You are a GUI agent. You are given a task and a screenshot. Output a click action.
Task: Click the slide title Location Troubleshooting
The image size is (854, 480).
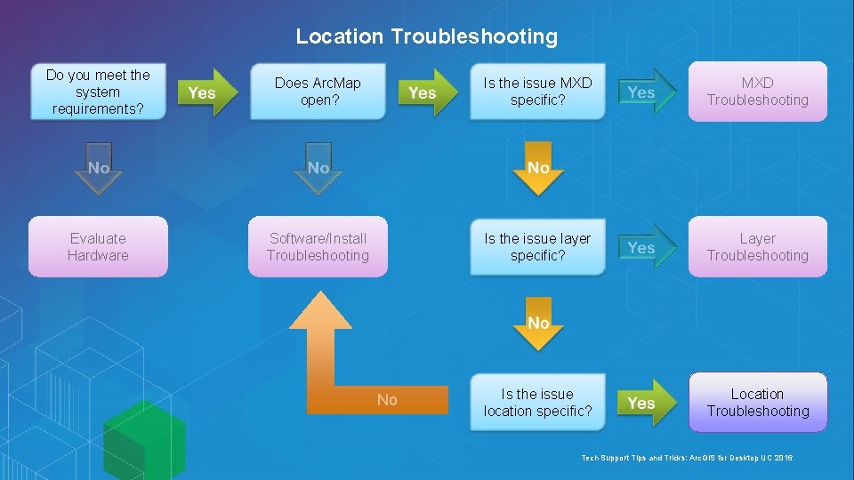click(426, 36)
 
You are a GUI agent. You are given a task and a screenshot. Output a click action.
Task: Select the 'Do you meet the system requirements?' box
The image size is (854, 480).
click(98, 92)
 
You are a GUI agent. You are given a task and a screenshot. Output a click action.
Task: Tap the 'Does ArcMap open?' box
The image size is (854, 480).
click(318, 92)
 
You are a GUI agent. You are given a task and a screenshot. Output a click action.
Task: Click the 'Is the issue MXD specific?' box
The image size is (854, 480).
click(537, 92)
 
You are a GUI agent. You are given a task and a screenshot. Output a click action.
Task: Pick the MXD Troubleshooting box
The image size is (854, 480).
click(758, 92)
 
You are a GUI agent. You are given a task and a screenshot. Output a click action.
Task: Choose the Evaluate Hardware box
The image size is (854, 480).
click(98, 246)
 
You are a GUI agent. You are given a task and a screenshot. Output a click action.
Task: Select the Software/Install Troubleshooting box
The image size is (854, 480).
click(318, 246)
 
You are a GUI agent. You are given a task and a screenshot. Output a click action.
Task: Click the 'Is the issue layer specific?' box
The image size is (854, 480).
click(537, 246)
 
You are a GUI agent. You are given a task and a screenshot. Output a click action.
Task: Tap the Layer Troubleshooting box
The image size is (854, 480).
click(758, 246)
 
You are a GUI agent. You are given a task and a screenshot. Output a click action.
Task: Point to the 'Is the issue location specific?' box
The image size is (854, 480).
click(537, 402)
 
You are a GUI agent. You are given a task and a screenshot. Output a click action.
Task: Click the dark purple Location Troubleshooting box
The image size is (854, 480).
click(758, 402)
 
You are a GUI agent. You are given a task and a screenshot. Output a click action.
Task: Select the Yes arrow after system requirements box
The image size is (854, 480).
click(206, 92)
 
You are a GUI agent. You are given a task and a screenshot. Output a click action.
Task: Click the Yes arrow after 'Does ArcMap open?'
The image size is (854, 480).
click(426, 92)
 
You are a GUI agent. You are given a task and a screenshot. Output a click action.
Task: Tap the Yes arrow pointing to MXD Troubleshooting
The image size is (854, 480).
click(646, 92)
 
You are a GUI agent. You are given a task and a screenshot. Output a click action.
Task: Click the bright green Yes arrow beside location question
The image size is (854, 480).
click(646, 403)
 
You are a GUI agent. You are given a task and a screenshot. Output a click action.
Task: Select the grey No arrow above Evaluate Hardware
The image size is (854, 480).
click(98, 169)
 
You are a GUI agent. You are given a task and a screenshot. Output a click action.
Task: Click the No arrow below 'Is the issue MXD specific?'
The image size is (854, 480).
click(538, 169)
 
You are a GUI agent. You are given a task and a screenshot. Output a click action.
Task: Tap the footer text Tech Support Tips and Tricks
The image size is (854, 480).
click(686, 457)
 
